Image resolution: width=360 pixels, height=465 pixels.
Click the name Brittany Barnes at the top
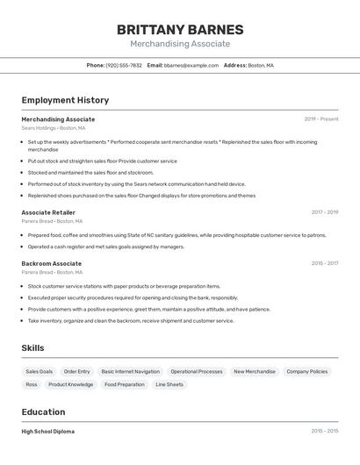180,30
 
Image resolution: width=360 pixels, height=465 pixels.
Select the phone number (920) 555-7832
123,65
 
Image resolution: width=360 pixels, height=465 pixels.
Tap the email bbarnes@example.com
191,65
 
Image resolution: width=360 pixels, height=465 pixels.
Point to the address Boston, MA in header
261,65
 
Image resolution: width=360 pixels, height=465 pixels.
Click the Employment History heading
65,100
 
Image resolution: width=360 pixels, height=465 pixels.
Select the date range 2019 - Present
320,119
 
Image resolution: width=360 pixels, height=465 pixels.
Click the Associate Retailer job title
48,212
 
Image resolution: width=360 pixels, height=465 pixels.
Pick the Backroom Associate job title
51,263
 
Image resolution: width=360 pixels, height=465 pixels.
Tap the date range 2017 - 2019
324,212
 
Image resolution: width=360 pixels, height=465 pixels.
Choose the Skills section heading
32,348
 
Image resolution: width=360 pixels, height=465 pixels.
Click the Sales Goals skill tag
39,371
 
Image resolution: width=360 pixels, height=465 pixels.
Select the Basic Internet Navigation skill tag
130,371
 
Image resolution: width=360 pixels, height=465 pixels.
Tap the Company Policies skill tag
306,371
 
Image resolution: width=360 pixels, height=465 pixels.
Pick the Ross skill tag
32,384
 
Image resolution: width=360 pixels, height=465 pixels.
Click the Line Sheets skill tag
169,384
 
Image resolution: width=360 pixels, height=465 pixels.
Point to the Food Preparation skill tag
124,384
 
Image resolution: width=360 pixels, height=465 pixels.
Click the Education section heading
43,412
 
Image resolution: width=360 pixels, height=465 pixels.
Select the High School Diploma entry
47,432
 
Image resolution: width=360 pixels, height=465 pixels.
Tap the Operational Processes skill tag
197,371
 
